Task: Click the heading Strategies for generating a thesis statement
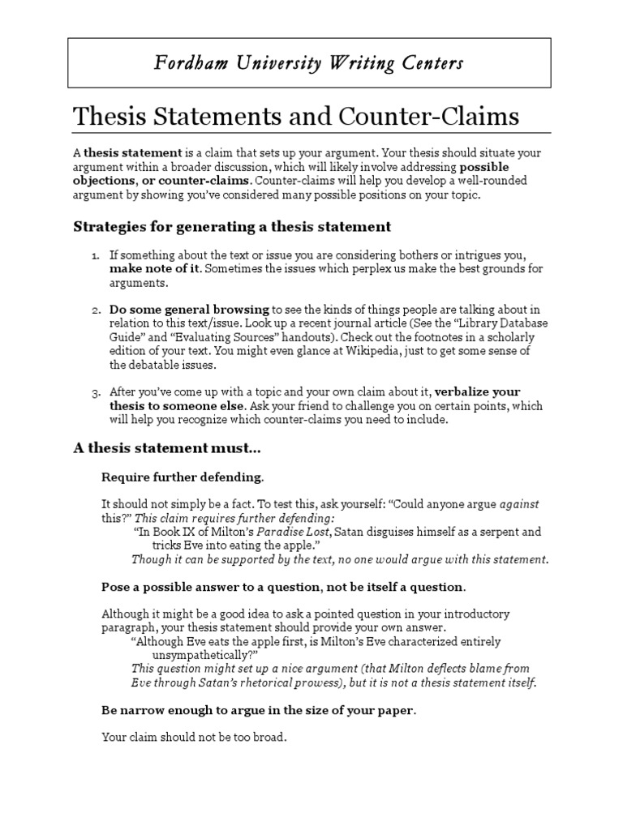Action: [232, 226]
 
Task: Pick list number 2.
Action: [94, 310]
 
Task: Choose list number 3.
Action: [94, 392]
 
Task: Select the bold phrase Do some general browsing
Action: [189, 310]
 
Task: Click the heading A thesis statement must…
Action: [167, 448]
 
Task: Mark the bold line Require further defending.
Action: [183, 476]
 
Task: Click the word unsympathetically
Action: [205, 655]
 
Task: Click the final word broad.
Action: [270, 738]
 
